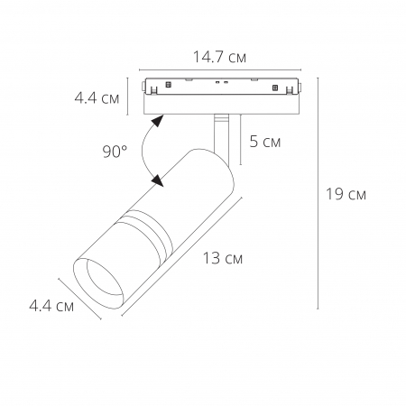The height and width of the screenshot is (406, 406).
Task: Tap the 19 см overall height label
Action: click(x=346, y=194)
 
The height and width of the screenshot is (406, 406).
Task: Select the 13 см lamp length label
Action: click(x=221, y=259)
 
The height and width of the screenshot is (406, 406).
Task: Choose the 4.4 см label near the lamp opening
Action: click(x=51, y=306)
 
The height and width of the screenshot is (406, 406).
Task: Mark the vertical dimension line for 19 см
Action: click(x=318, y=194)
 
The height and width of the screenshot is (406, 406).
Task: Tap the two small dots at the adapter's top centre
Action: click(x=220, y=82)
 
